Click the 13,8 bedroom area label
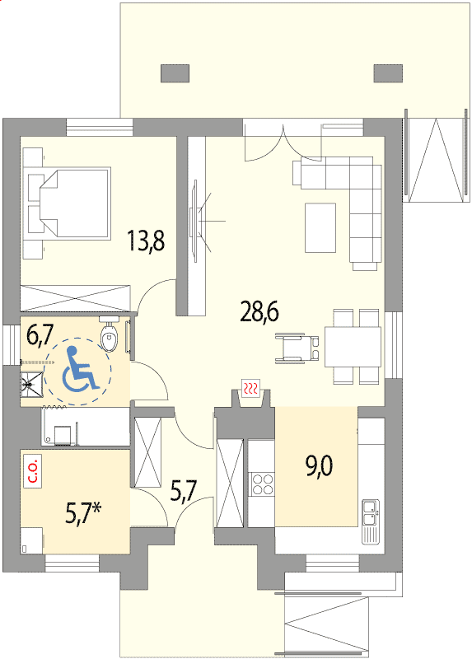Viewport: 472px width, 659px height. (147, 241)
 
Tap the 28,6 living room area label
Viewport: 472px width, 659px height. (259, 311)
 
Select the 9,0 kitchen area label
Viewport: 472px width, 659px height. (320, 466)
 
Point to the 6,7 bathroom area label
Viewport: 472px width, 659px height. (40, 335)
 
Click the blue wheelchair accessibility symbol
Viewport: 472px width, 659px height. (79, 368)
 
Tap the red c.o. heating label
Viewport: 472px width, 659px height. (33, 471)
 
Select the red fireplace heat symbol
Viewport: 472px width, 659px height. (251, 388)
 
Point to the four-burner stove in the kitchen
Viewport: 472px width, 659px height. (261, 484)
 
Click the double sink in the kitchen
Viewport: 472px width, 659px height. (371, 512)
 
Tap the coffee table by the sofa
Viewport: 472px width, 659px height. (320, 227)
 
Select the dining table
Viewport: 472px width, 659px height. (353, 347)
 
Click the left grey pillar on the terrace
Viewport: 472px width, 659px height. (175, 73)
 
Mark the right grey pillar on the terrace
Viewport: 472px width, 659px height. (388, 73)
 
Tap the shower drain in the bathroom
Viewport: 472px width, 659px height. (29, 383)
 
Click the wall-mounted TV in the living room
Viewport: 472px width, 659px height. (194, 221)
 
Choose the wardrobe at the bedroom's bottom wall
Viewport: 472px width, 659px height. (76, 298)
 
